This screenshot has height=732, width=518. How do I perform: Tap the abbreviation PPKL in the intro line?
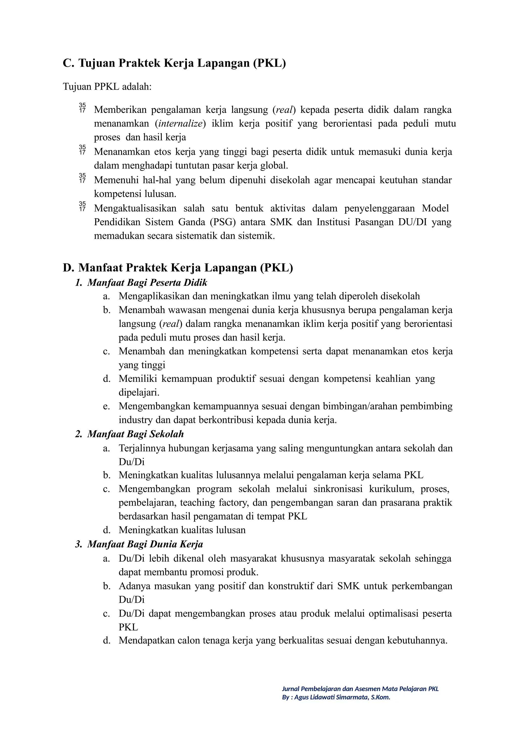106,86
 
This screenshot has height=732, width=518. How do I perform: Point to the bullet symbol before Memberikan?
82,108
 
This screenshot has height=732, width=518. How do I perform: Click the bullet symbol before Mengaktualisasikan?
82,207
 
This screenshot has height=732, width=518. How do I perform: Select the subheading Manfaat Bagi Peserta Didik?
147,282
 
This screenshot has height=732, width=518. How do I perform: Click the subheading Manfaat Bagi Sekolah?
135,434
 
